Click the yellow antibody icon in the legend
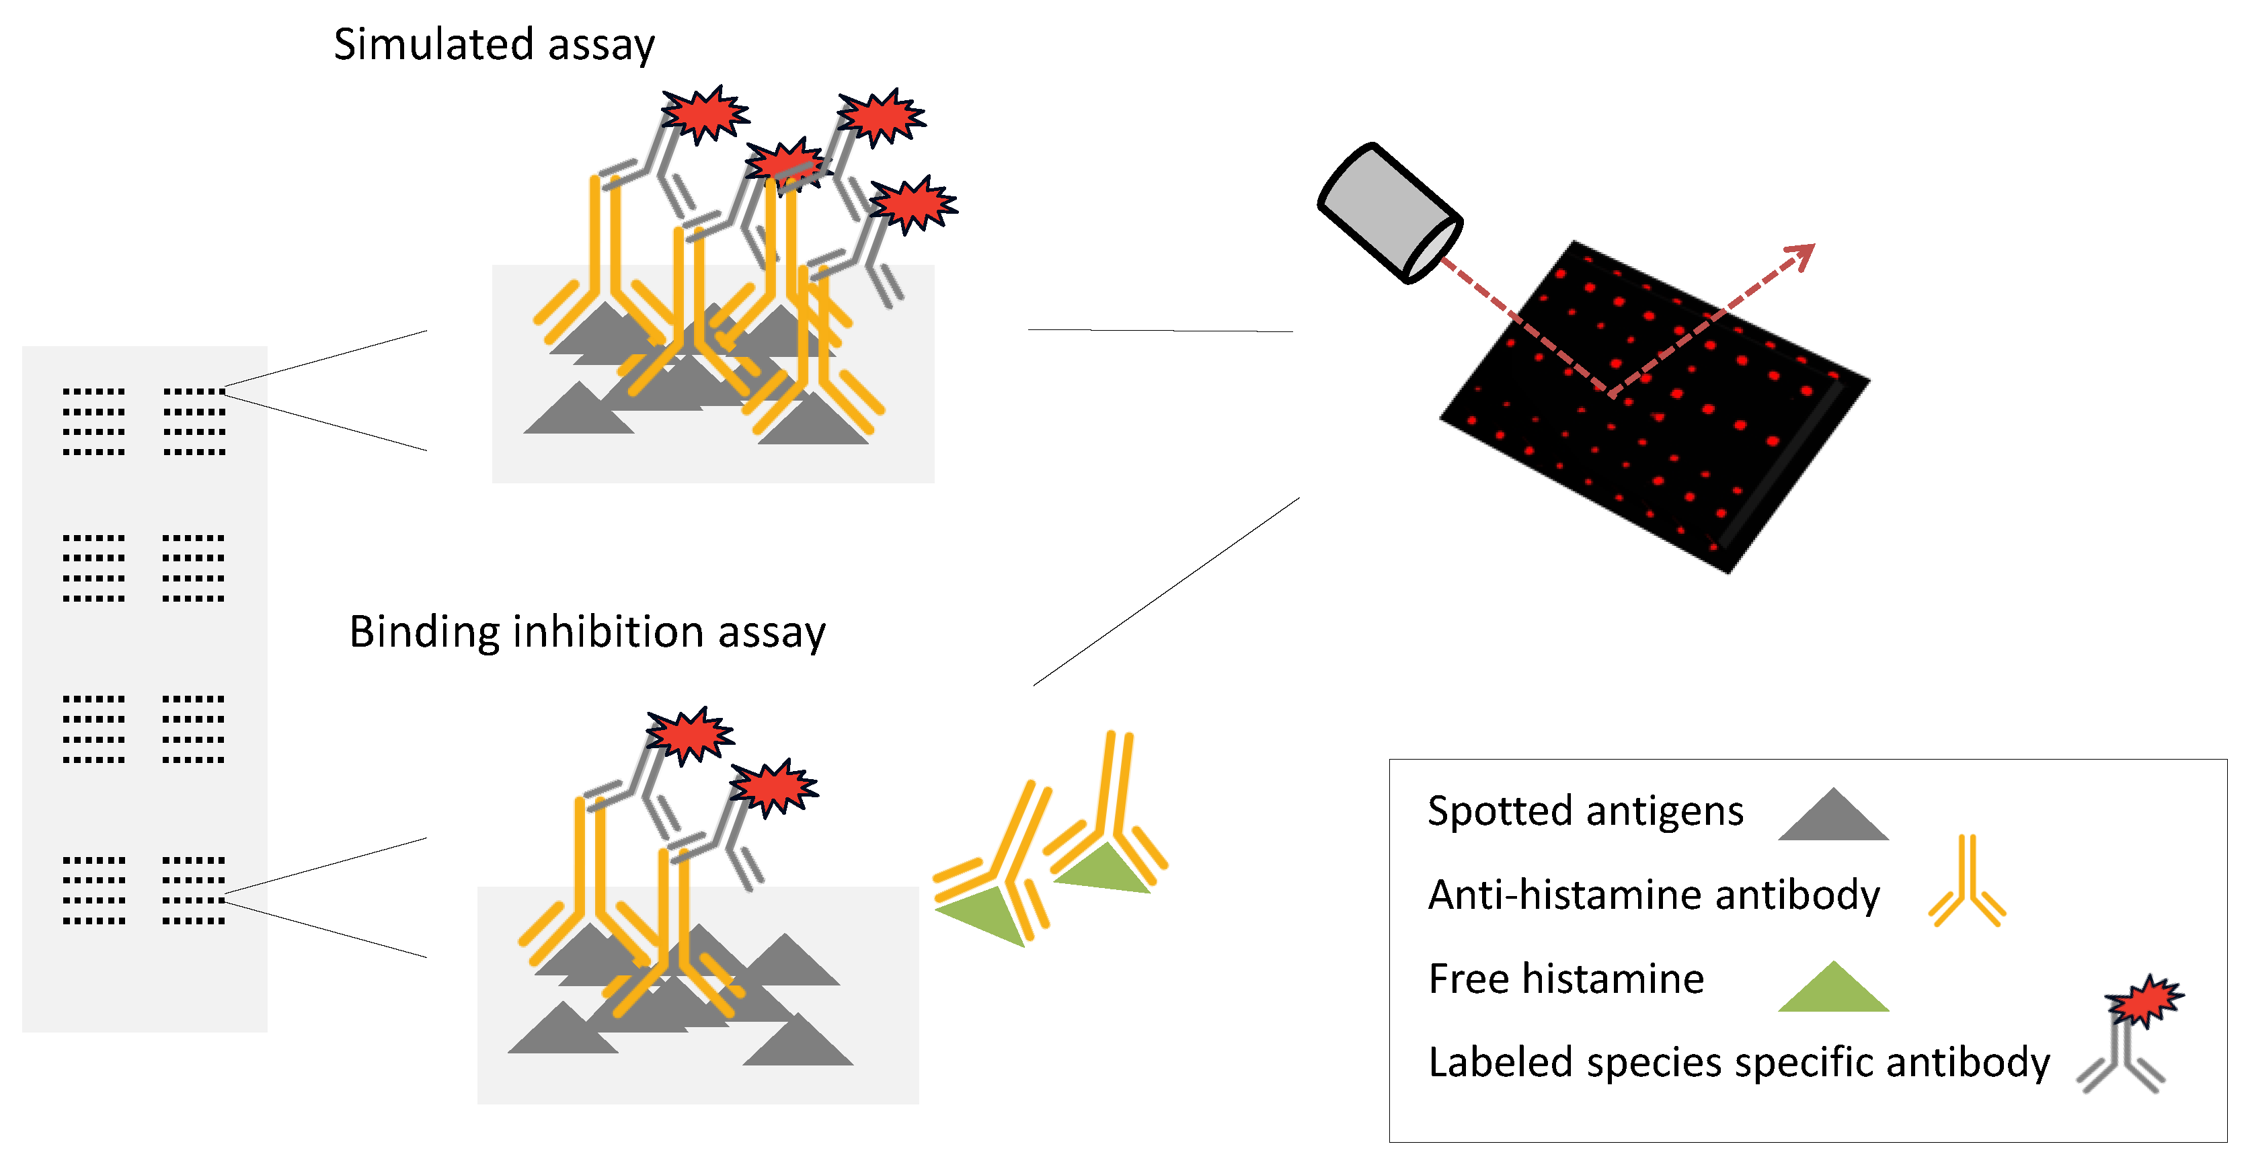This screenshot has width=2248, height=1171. click(1967, 883)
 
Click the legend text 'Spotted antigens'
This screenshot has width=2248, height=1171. click(1585, 811)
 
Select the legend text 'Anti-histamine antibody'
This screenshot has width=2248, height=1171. click(1653, 895)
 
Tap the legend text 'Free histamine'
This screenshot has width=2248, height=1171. click(1565, 978)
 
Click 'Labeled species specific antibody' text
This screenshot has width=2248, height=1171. click(1738, 1062)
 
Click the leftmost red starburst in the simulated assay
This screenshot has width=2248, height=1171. click(704, 114)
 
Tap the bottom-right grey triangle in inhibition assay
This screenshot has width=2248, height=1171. click(797, 1043)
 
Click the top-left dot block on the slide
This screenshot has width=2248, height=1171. click(93, 421)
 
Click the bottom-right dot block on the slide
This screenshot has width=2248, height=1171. click(194, 890)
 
